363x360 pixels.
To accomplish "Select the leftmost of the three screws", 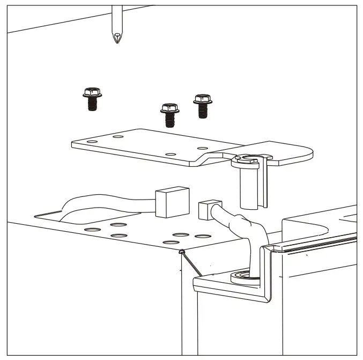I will tap(92, 98).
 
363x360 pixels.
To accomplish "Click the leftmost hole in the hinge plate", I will tap(91, 142).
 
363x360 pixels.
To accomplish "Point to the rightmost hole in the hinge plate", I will tap(202, 148).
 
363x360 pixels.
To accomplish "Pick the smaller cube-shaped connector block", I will tap(206, 211).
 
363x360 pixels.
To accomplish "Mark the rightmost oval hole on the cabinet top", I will tap(202, 236).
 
